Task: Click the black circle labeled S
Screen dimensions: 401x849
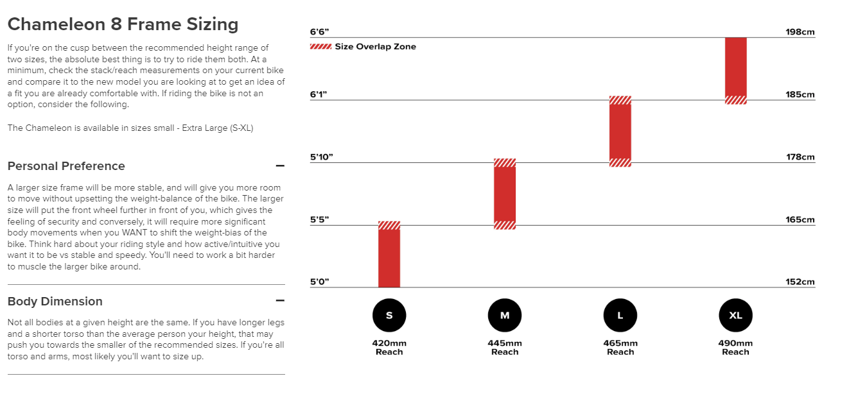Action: tap(389, 315)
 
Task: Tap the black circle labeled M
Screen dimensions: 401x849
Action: tap(505, 315)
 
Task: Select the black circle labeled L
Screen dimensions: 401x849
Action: tap(620, 315)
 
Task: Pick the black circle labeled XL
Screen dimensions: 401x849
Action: tap(735, 315)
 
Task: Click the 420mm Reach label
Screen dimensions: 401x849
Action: tap(389, 347)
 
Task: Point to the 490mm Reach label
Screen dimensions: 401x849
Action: tap(735, 347)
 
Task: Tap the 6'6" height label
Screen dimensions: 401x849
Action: tap(319, 31)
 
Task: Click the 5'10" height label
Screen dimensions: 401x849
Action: tap(322, 157)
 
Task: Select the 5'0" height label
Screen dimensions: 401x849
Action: tap(319, 282)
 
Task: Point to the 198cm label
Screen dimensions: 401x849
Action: tap(800, 31)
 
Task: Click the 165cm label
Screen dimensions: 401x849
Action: tap(800, 219)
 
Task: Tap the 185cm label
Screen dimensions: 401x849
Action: tap(800, 94)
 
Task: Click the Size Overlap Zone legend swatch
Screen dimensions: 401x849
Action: tap(320, 46)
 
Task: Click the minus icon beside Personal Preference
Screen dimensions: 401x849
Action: tap(280, 166)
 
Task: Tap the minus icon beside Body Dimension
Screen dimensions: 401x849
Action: tap(280, 300)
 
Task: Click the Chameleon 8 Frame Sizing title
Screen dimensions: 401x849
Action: tap(123, 24)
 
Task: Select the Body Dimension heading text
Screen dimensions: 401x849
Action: tap(55, 301)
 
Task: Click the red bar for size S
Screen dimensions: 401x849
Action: tap(389, 257)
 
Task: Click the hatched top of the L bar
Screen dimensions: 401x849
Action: tap(620, 100)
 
